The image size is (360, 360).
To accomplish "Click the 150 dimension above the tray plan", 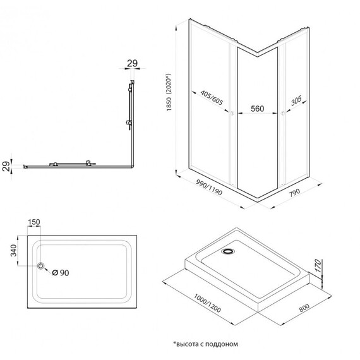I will [x=33, y=222].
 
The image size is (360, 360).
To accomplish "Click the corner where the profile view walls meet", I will [x=131, y=166].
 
